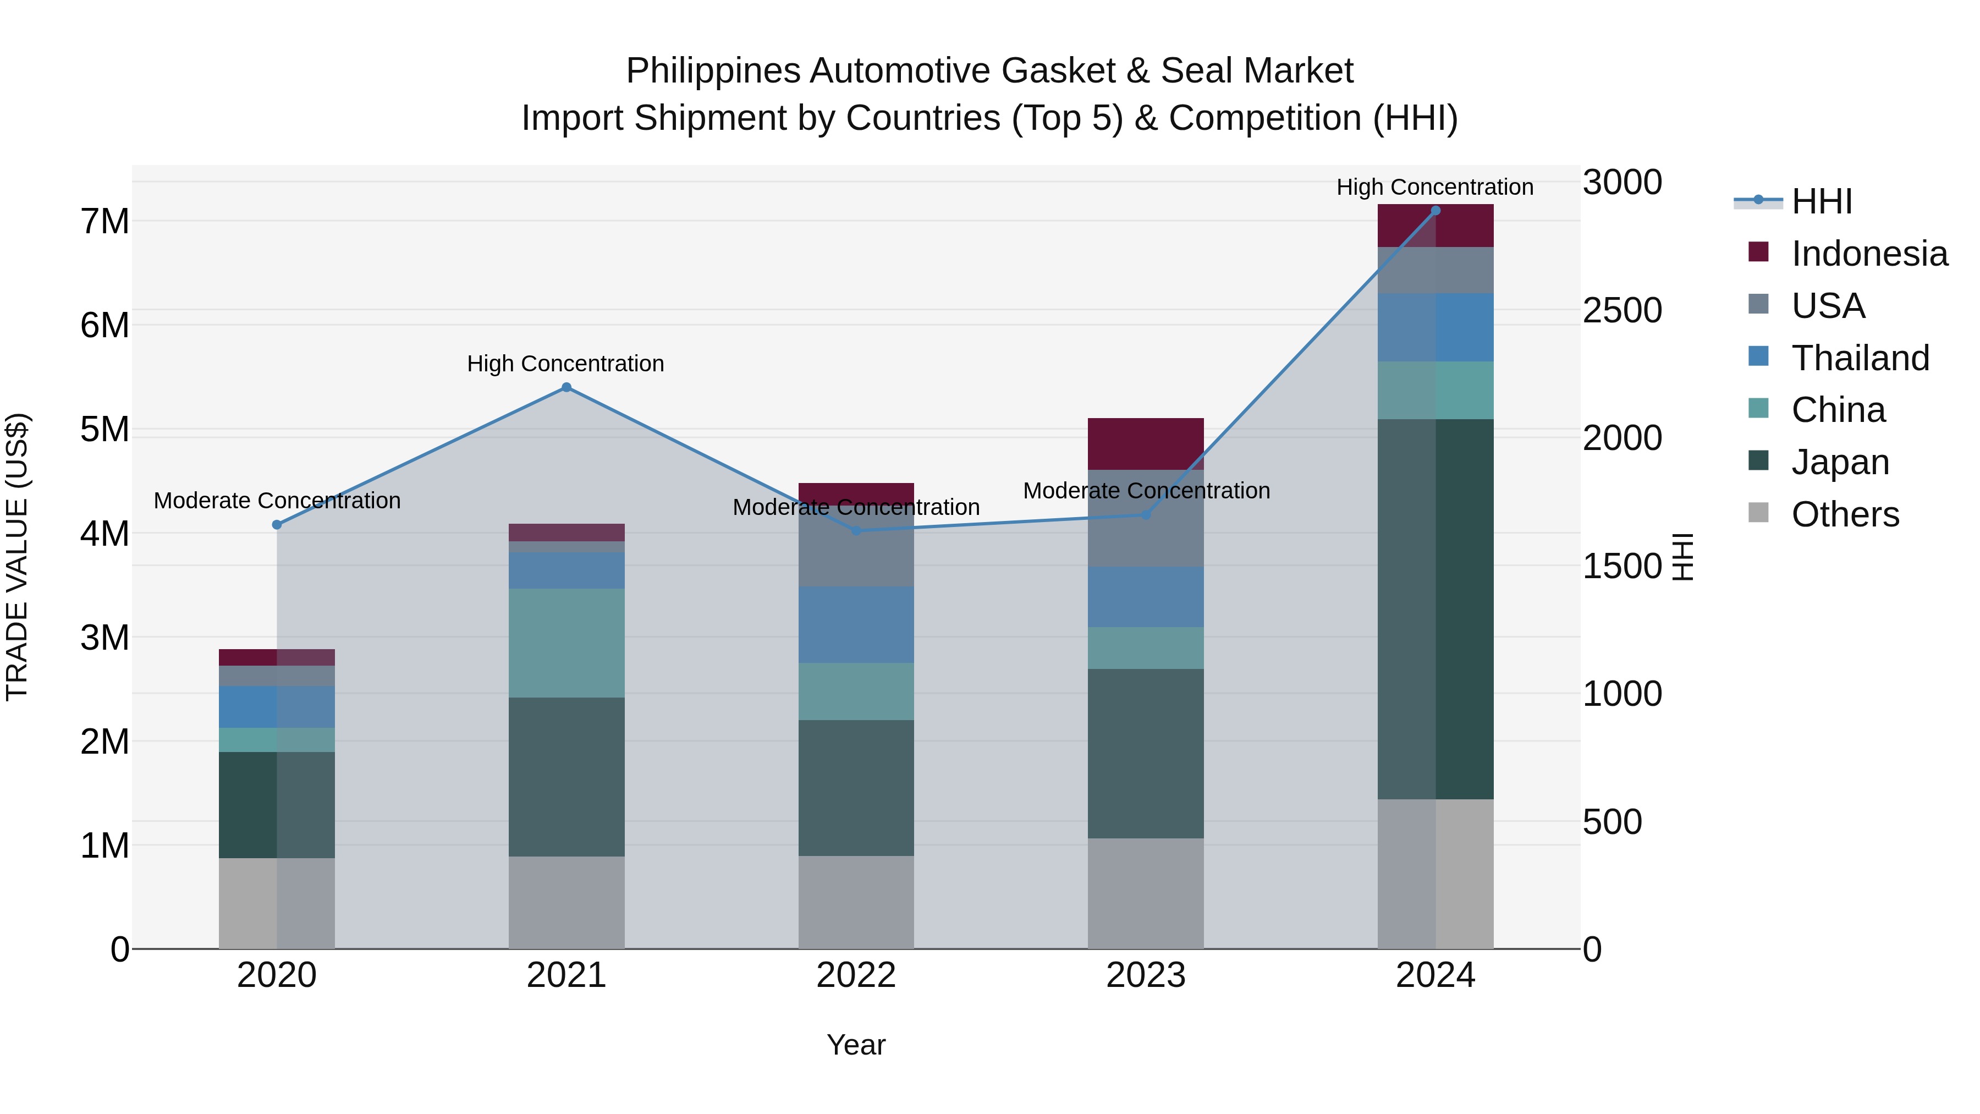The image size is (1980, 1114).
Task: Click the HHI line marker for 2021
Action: point(566,387)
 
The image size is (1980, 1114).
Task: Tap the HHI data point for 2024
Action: point(1435,211)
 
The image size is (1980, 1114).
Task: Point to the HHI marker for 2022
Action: point(856,530)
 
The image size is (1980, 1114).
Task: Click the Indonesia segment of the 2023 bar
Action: point(1145,443)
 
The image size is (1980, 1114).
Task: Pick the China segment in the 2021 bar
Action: point(566,643)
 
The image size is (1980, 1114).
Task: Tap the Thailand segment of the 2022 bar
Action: point(856,624)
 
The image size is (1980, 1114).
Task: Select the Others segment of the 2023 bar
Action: point(1145,893)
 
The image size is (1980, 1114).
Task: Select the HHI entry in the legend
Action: point(1821,201)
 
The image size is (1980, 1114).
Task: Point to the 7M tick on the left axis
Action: point(105,221)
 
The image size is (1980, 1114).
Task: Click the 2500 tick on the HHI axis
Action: point(1622,311)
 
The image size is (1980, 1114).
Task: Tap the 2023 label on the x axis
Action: point(1145,975)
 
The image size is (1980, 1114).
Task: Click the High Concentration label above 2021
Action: point(566,364)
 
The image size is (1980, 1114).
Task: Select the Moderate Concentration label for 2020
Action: point(277,501)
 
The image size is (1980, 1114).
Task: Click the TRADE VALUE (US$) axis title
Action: point(17,557)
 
